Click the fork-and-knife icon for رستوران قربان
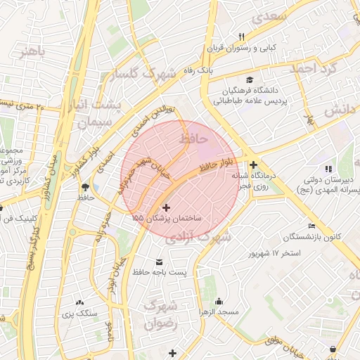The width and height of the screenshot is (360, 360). pos(242,37)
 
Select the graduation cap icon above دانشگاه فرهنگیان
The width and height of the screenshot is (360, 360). pos(250,79)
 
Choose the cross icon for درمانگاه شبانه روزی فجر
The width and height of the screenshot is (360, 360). pos(253,165)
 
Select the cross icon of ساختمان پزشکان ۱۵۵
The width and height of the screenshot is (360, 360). pos(166,207)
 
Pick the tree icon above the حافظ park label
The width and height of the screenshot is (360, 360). pos(85,187)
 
